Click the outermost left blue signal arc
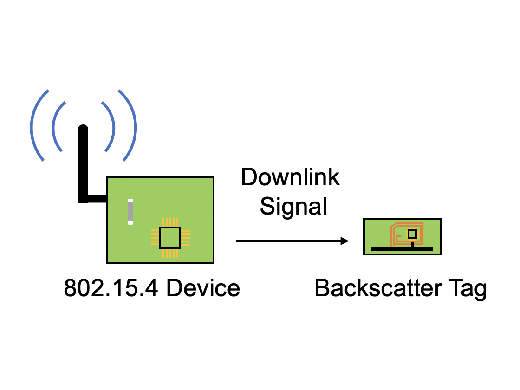click(32, 125)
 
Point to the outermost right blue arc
click(135, 125)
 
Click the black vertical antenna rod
click(83, 162)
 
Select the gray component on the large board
click(130, 212)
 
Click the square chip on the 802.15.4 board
click(170, 238)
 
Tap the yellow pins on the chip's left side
click(154, 238)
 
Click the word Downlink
click(290, 178)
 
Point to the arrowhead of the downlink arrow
click(344, 241)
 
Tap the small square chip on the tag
click(411, 234)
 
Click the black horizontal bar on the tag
click(402, 249)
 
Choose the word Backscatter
click(378, 288)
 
